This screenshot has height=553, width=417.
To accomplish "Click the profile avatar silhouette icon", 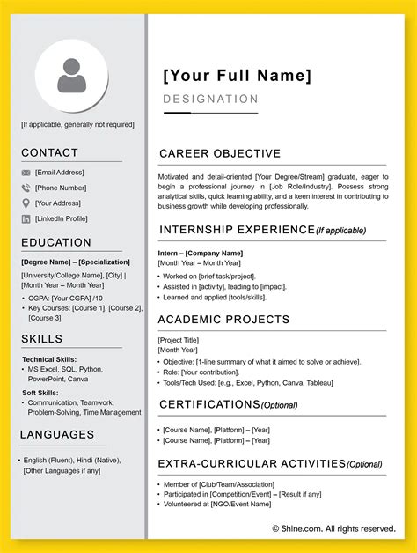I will (72, 77).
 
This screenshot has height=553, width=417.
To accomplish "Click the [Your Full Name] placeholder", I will (237, 76).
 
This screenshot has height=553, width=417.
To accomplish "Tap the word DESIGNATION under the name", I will (211, 100).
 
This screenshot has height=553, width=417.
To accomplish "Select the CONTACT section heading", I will (49, 153).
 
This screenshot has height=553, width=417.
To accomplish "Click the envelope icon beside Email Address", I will (26, 173).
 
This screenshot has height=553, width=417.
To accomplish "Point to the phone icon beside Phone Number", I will (26, 188).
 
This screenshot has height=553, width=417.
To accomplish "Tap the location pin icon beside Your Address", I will (26, 203).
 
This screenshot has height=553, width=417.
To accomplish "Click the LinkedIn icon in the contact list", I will (26, 218).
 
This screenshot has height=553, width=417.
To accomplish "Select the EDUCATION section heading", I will (56, 242).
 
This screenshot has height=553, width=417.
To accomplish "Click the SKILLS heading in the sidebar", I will (41, 339).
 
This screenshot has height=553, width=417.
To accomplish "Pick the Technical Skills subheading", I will (49, 359).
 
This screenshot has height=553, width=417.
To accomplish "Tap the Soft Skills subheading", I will (40, 393).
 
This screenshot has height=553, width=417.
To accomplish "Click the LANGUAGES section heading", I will (57, 434).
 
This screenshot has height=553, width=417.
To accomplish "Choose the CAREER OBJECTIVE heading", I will (220, 154).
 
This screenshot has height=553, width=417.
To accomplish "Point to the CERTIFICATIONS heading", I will (209, 404).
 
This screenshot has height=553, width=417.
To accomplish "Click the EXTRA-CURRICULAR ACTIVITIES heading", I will (252, 463).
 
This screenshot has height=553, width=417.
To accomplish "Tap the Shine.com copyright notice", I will (333, 528).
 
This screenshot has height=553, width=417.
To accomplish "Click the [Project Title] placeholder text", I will (179, 340).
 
